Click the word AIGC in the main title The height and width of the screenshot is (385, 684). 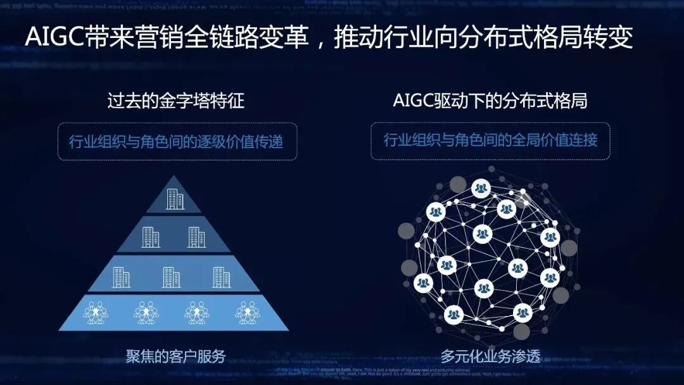(56, 37)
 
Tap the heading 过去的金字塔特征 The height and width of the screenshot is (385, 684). (175, 101)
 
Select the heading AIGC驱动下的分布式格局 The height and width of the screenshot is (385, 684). (490, 101)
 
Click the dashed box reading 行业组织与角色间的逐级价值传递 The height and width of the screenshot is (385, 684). (175, 141)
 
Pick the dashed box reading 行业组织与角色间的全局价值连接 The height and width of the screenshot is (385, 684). (490, 140)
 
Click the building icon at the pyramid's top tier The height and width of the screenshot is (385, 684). (175, 199)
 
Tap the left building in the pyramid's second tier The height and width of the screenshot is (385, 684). (151, 237)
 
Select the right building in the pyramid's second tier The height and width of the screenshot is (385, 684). (196, 237)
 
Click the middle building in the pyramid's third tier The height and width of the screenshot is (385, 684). (171, 277)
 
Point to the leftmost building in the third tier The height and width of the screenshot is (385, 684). (121, 277)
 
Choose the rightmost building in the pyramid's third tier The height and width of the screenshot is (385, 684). (221, 277)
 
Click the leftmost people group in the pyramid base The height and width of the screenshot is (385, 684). (96, 312)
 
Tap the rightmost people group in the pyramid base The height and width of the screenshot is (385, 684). (248, 312)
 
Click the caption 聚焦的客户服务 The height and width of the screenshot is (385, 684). (175, 356)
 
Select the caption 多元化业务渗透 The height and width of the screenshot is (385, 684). (491, 356)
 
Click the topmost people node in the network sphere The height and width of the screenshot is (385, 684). (481, 188)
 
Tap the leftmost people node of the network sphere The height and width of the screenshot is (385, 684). (423, 282)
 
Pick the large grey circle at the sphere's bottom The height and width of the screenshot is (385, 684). (521, 331)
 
